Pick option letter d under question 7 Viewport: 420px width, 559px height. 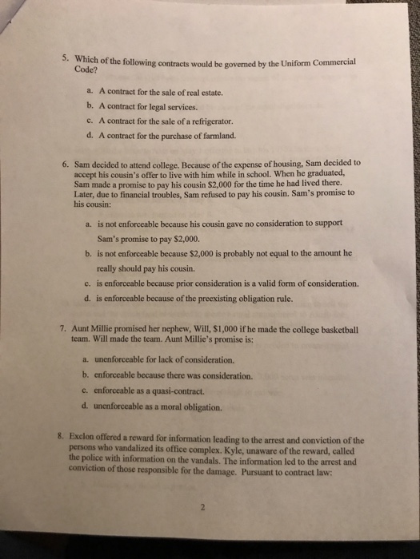[x=86, y=406]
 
